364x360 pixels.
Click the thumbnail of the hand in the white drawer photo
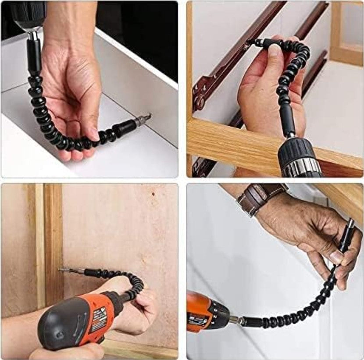tap(95, 134)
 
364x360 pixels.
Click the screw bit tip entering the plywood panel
tap(61, 270)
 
